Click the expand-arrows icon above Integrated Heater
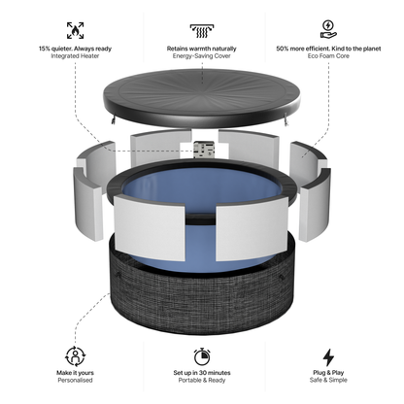click(x=75, y=29)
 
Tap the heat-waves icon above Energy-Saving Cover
click(x=203, y=29)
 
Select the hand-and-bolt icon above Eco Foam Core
click(x=328, y=29)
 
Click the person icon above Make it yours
click(x=75, y=355)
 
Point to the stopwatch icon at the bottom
click(x=203, y=355)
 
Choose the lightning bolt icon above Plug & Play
click(x=328, y=355)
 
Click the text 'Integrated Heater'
click(x=75, y=56)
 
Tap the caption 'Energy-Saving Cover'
click(x=203, y=56)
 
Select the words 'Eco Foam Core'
click(x=328, y=56)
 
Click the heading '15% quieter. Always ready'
click(x=75, y=48)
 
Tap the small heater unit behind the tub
click(x=204, y=151)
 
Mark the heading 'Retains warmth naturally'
click(x=203, y=48)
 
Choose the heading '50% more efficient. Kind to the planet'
click(x=328, y=48)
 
